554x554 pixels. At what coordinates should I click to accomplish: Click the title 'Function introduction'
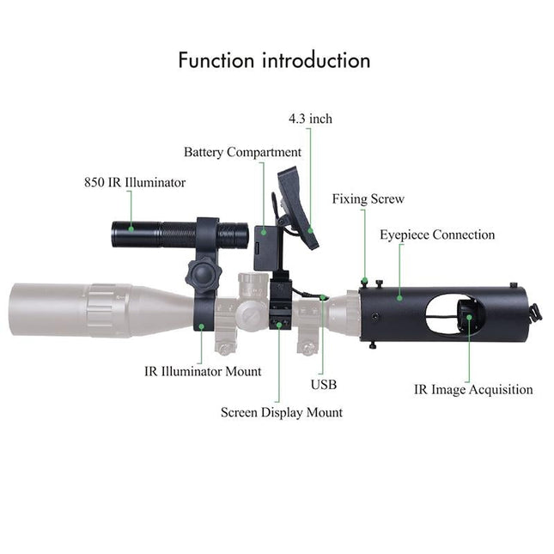[274, 61]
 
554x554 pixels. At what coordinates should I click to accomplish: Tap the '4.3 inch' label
[310, 119]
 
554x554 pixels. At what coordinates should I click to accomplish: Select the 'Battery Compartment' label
[242, 152]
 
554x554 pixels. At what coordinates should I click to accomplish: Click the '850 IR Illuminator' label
[134, 182]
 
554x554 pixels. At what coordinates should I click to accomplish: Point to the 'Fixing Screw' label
[368, 199]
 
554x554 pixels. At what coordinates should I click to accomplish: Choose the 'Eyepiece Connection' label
[437, 234]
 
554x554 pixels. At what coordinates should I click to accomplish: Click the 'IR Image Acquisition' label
[473, 389]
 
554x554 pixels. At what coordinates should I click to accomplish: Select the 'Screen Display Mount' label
[281, 412]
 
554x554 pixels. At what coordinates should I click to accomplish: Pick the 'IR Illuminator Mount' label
[203, 372]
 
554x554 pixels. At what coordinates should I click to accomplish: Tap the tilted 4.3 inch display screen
[297, 209]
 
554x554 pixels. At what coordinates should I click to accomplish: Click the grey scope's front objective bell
[52, 305]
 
